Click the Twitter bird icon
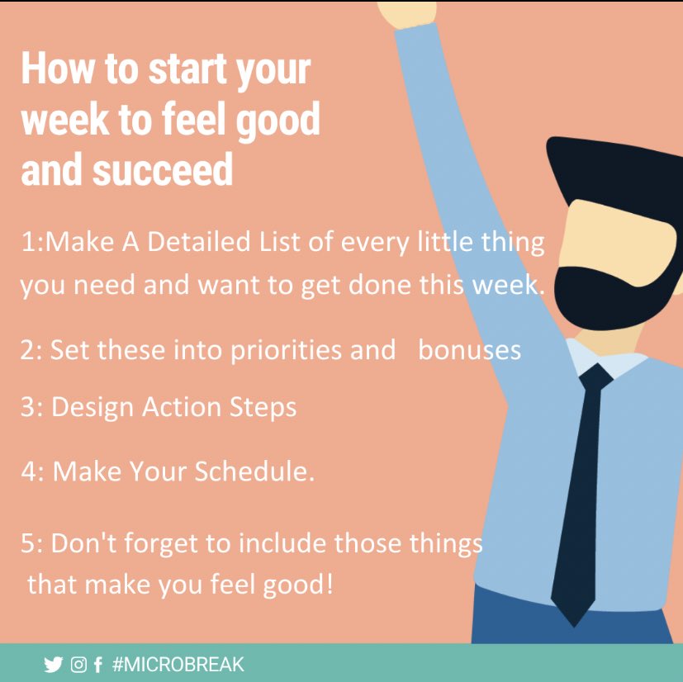(x=54, y=665)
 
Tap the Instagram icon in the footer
(x=78, y=665)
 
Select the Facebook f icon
(x=98, y=665)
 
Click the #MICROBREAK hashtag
(x=178, y=665)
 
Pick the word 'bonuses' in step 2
(x=469, y=350)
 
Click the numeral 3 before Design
(x=27, y=407)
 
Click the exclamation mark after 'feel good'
(x=330, y=584)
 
